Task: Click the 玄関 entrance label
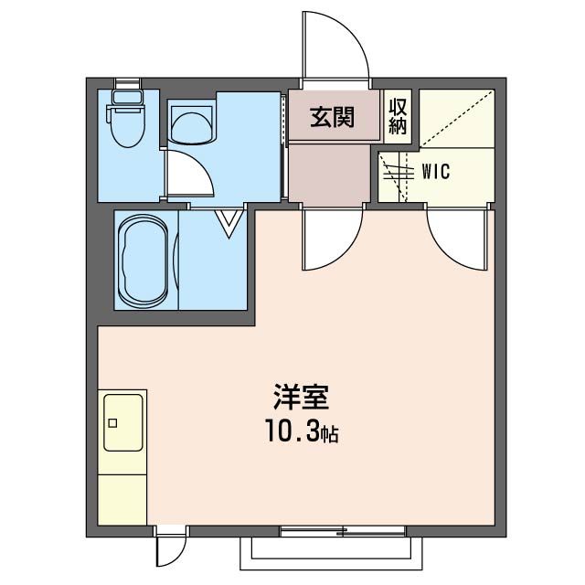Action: (331, 118)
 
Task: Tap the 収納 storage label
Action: (398, 115)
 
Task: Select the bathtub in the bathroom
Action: (144, 261)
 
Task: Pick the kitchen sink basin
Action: (122, 423)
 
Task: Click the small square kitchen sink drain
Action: (113, 422)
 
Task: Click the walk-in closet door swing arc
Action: (454, 239)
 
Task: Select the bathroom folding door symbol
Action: (229, 222)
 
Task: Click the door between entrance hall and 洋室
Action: (331, 239)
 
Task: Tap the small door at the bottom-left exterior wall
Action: (170, 549)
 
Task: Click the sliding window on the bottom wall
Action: (343, 530)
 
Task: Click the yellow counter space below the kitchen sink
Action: (122, 494)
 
